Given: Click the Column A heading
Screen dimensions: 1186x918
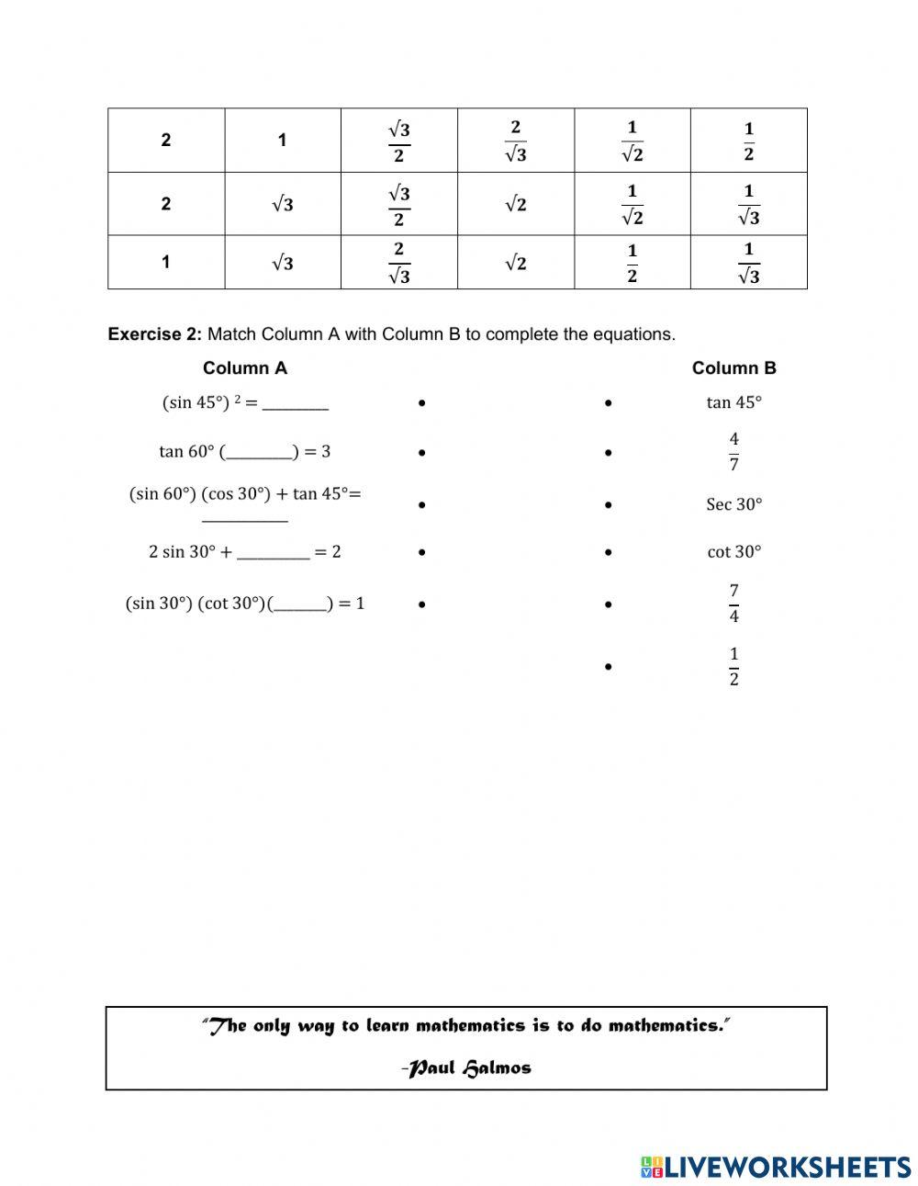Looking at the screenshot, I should [x=244, y=368].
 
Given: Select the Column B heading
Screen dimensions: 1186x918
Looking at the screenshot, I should [x=733, y=368].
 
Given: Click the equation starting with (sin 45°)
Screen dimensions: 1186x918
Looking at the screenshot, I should [x=244, y=402].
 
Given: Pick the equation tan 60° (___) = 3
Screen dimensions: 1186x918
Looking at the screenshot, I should [x=244, y=452].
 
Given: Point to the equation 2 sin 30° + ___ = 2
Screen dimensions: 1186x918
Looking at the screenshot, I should [x=244, y=552].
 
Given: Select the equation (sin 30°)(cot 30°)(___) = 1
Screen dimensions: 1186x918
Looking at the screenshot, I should [x=244, y=604].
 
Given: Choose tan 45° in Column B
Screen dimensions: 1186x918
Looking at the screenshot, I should [x=733, y=402].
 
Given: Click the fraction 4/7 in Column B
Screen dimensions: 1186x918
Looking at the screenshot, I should [x=733, y=451].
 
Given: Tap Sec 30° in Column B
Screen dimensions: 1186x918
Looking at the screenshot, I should [x=733, y=504].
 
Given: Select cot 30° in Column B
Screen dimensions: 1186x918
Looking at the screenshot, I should [x=733, y=552].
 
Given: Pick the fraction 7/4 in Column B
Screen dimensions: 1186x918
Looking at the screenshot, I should [x=733, y=603].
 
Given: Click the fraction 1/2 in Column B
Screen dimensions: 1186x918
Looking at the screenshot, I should [x=733, y=666].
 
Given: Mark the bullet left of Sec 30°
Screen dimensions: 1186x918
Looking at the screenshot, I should [x=609, y=505].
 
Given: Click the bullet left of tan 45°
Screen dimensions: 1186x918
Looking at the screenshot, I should [x=609, y=403].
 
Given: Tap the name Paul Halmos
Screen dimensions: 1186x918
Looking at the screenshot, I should [x=468, y=1067].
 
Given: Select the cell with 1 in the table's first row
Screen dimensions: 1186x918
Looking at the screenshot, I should [x=282, y=141].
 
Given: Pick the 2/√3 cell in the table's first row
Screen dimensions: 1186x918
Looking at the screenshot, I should [x=515, y=141].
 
